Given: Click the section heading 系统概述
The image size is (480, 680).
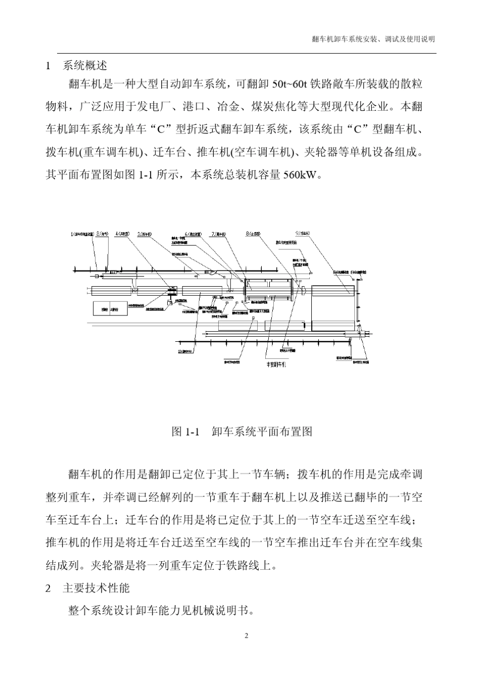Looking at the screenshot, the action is (84, 66).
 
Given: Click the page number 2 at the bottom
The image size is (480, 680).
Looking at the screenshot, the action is (246, 636).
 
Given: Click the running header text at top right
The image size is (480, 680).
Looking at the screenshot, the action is (373, 39).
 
